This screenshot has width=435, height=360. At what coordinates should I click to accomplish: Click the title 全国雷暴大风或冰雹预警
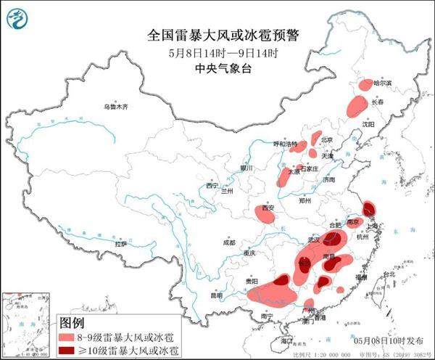click(x=217, y=34)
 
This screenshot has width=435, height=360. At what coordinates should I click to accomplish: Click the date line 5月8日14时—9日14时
click(x=217, y=53)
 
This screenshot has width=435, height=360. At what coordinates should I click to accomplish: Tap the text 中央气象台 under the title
click(x=217, y=69)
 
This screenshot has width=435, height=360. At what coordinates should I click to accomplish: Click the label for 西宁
click(x=211, y=187)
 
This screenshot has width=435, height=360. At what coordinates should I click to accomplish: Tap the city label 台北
click(x=389, y=274)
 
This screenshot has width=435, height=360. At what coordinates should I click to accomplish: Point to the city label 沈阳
click(x=369, y=125)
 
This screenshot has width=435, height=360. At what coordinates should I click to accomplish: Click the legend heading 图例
click(x=72, y=322)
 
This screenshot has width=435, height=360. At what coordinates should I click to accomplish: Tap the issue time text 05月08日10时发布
click(x=384, y=340)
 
